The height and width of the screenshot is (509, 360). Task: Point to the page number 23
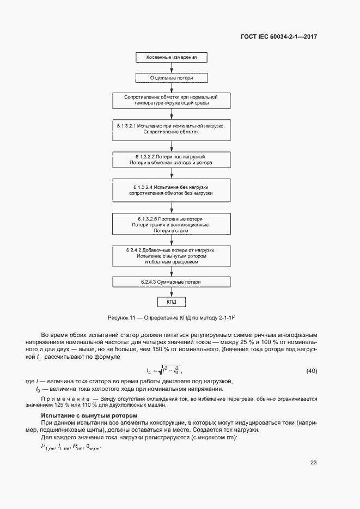click(313, 463)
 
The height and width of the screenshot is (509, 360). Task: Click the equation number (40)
click(312, 371)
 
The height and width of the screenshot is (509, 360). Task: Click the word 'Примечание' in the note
click(58, 399)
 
